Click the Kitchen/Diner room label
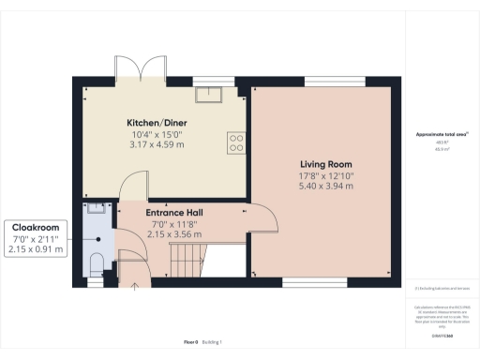coord(161,124)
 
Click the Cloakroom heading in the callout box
coord(35,227)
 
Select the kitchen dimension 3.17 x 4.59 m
coord(161,146)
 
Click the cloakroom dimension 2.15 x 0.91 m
coord(35,250)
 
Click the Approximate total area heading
coord(442,135)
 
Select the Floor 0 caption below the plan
coord(189,341)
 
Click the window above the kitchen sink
coord(214,80)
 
